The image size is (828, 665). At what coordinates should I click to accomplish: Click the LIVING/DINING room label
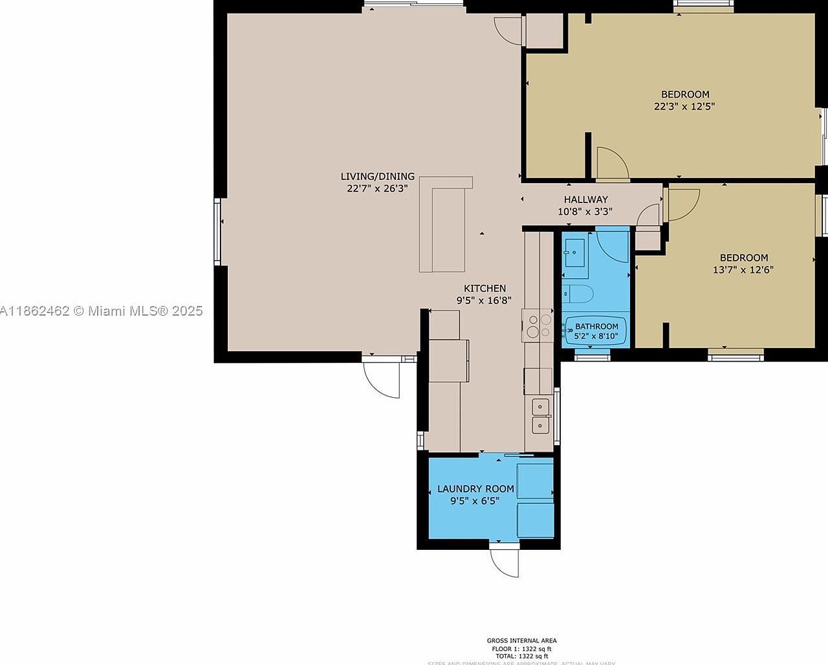point(377,177)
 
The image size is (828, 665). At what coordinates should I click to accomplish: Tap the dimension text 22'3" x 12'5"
point(684,107)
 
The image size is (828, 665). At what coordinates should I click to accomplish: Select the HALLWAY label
point(585,199)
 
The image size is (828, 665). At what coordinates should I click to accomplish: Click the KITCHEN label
point(485,289)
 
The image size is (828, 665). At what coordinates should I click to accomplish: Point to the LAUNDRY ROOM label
point(475,489)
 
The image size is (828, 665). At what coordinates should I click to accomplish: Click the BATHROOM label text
point(596,326)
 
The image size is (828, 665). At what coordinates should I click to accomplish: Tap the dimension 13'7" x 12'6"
point(743,270)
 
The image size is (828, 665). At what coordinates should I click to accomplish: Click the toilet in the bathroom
point(577,295)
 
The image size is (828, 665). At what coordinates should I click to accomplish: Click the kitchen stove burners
point(538,326)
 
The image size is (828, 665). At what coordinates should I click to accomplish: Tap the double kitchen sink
point(540,416)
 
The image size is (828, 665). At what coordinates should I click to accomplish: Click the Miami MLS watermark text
point(102,311)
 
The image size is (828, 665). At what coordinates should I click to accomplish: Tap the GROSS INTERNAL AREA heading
point(521,640)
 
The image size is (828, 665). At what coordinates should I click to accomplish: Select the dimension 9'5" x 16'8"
point(484,300)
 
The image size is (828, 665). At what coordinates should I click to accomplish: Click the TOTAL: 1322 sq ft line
point(521,656)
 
